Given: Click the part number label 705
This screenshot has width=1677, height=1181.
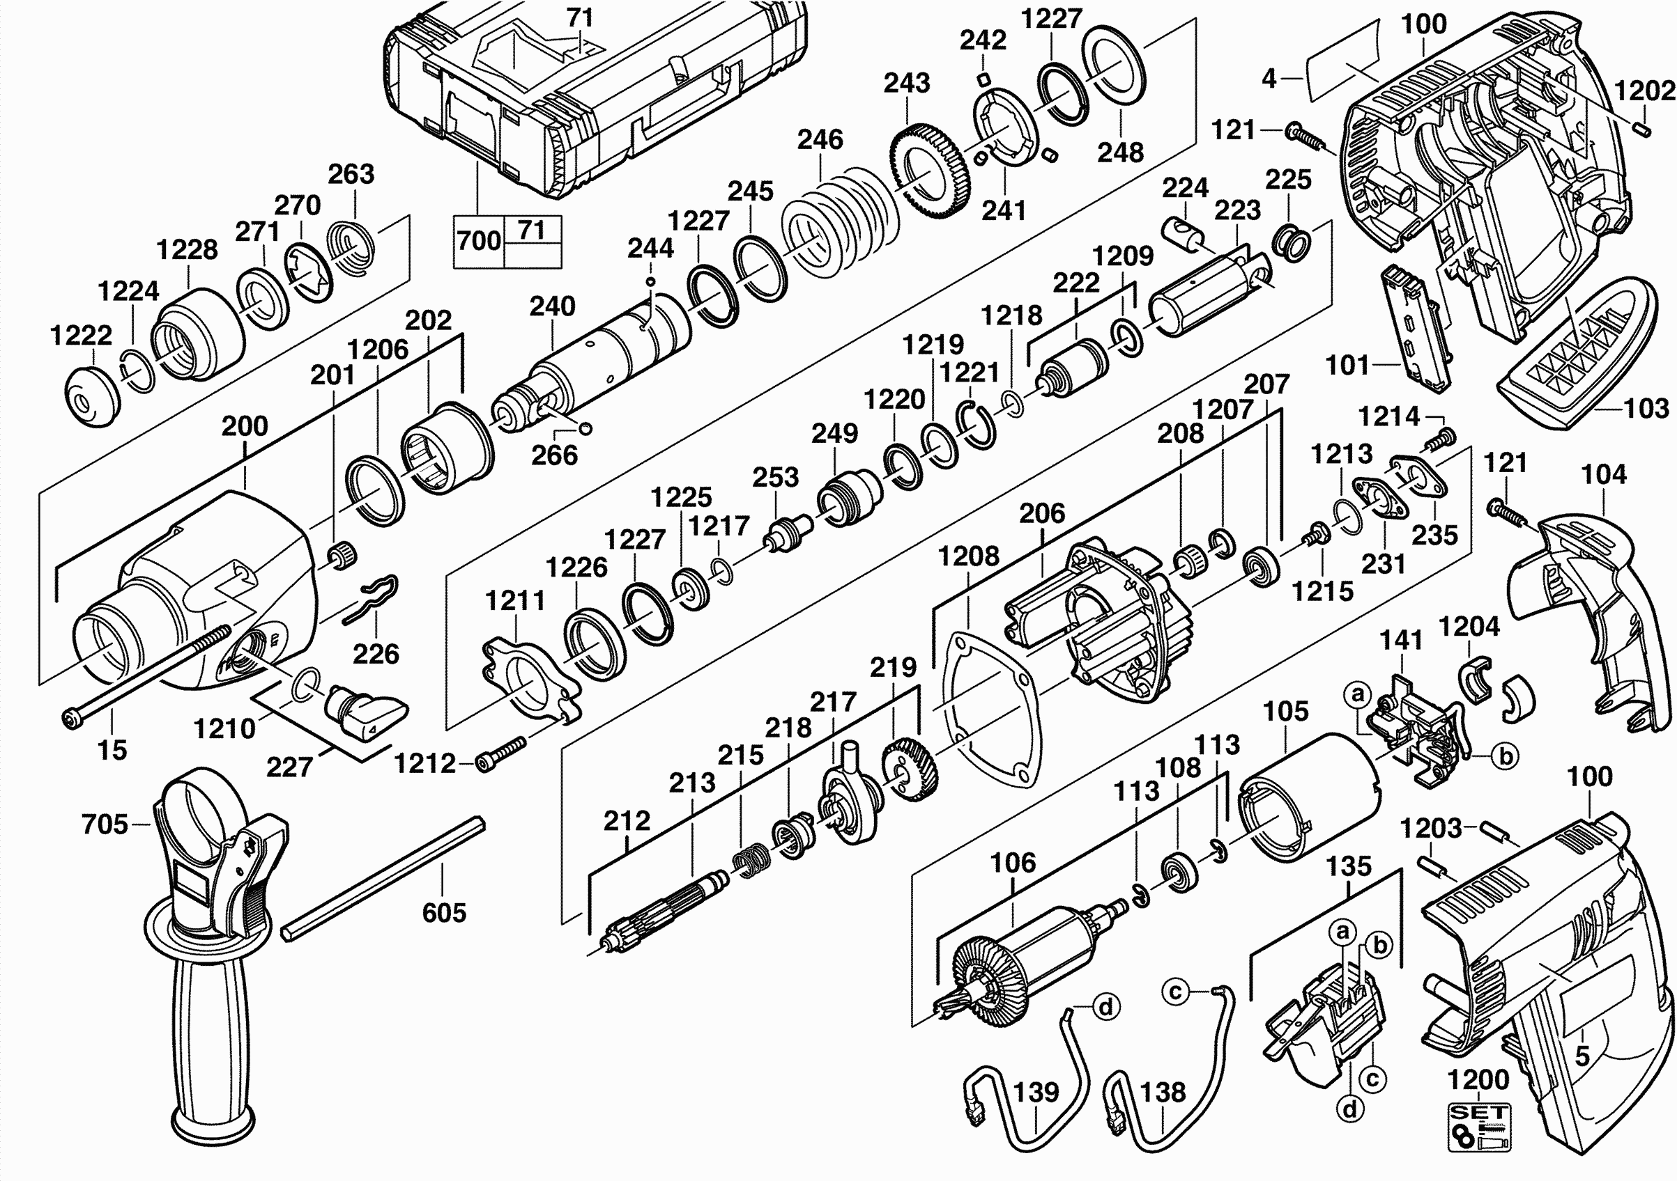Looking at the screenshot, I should click(x=105, y=824).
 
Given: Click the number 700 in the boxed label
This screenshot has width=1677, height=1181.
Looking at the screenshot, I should click(x=478, y=241).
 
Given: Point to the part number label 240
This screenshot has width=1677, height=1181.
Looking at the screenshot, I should click(x=552, y=306).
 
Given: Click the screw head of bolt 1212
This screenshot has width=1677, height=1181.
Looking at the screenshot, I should click(x=484, y=762).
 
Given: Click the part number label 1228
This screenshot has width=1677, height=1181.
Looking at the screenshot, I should click(x=187, y=249).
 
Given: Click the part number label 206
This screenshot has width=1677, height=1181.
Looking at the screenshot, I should click(x=1041, y=513).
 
